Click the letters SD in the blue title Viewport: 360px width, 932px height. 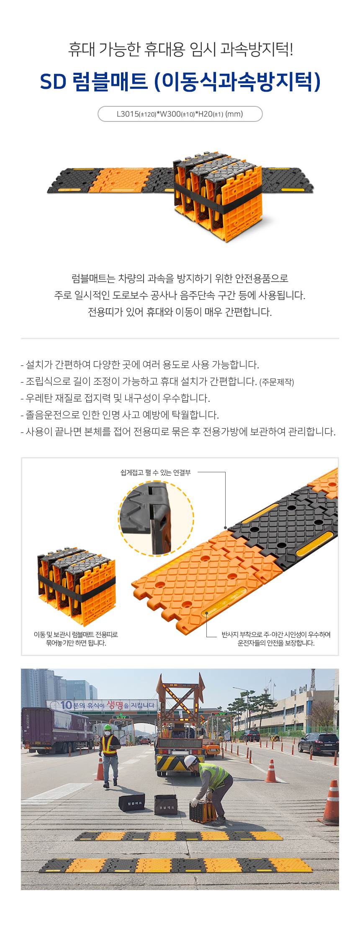tap(53, 82)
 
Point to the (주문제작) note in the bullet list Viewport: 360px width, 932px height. tap(277, 382)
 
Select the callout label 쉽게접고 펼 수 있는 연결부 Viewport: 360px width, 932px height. tap(155, 473)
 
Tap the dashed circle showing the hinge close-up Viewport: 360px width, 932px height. tap(156, 517)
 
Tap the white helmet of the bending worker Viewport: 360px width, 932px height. tap(191, 760)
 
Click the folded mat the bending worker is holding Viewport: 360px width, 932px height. tap(203, 811)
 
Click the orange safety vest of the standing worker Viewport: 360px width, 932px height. tap(109, 745)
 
